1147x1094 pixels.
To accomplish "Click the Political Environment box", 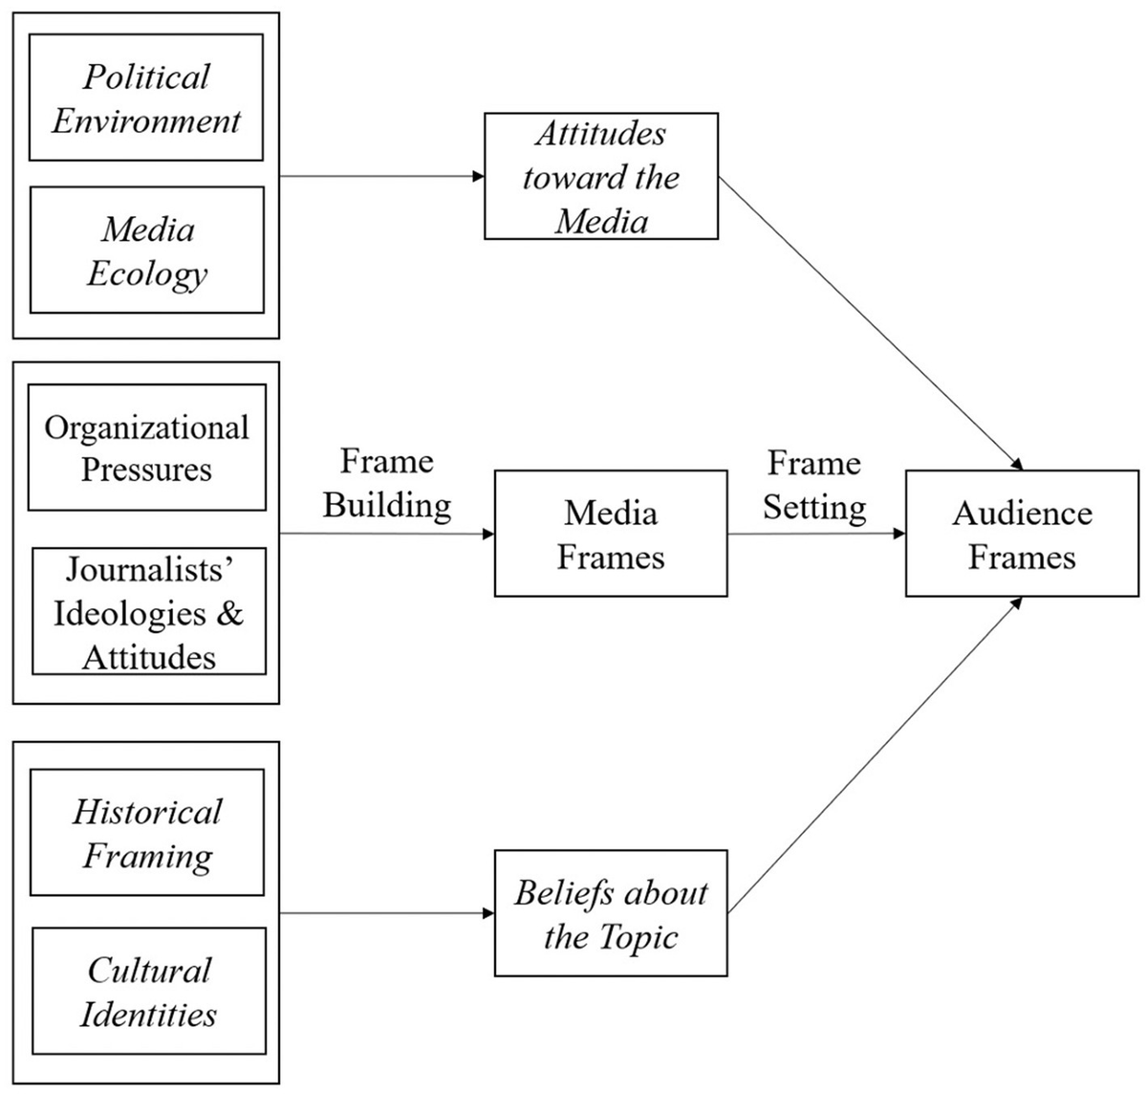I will pos(146,98).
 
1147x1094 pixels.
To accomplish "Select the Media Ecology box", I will pos(146,250).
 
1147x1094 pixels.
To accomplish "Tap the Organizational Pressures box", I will pos(146,448).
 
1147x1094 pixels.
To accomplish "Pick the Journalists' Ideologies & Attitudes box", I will pos(148,612).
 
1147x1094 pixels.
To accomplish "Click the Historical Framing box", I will pos(146,833).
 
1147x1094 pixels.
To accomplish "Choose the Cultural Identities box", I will pos(148,991).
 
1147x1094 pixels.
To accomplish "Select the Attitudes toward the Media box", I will pos(600,176).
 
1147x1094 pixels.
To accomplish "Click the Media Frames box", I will pos(610,534).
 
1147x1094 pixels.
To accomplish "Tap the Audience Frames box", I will pos(1022,534).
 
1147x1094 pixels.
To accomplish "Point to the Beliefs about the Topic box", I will pos(610,913).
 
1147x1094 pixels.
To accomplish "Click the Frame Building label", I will pos(387,483).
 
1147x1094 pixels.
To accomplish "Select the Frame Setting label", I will pos(814,485).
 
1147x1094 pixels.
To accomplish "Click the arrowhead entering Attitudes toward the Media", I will pos(478,176).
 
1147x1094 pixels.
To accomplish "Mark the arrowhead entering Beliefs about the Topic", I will pos(487,913).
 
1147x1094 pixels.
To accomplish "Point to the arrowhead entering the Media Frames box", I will pos(487,534).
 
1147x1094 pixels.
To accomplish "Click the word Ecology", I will pos(146,273).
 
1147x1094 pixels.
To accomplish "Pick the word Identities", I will pos(148,1014).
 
